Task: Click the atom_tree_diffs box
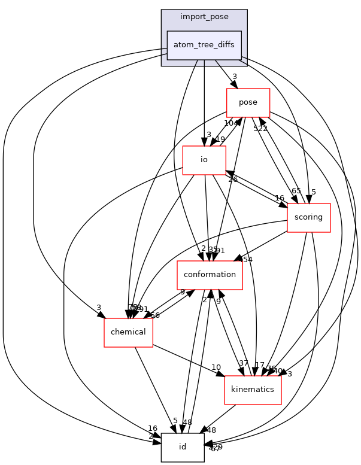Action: click(204, 45)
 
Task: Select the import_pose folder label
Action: click(204, 17)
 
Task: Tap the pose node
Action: click(248, 102)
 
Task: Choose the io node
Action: click(204, 160)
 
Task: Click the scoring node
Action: click(309, 217)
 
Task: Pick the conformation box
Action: click(210, 275)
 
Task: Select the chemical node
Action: click(128, 332)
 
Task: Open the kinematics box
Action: click(253, 390)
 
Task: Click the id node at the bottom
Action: click(183, 447)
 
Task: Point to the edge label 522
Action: click(260, 129)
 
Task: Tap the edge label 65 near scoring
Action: click(296, 191)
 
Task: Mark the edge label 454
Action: click(247, 259)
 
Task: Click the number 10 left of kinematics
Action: click(216, 367)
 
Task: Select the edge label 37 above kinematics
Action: click(243, 363)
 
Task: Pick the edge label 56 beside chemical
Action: click(155, 315)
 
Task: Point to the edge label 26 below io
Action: click(232, 179)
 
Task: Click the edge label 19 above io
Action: click(220, 139)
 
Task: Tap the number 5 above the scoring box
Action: click(313, 192)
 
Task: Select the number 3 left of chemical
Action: click(98, 308)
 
